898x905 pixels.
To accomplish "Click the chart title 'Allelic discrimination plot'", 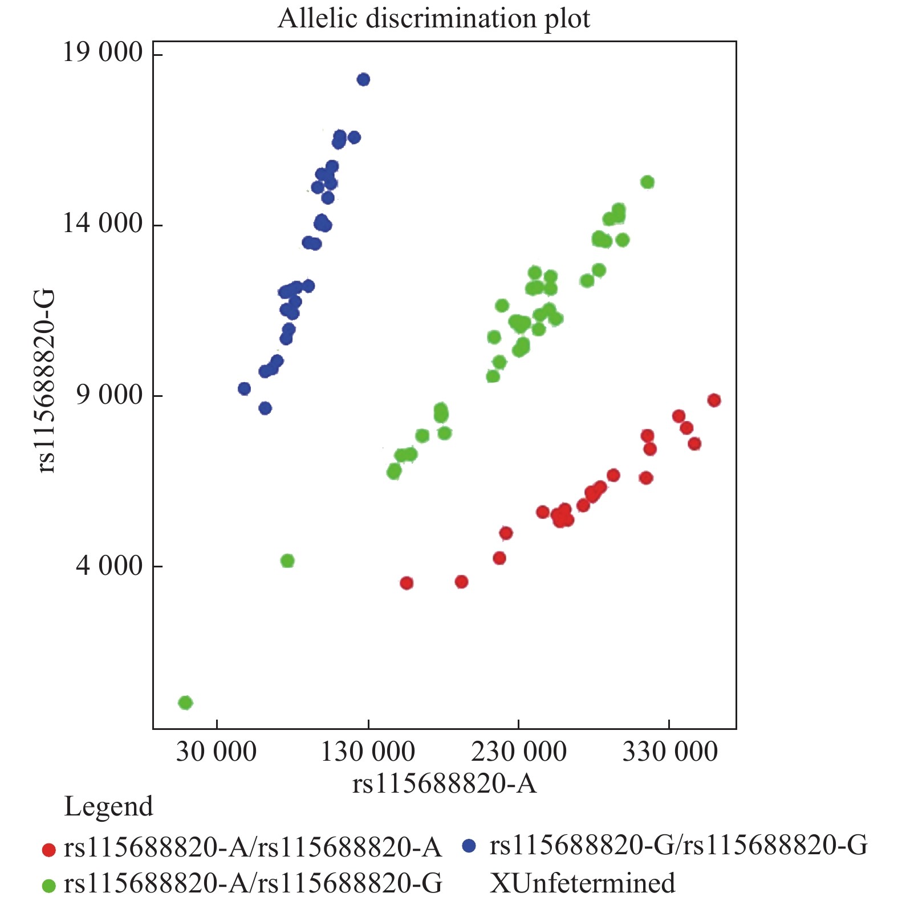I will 434,18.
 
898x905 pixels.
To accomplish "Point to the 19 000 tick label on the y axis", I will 103,52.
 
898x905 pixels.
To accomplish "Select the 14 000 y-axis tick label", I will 103,223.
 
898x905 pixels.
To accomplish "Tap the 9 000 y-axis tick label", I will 109,394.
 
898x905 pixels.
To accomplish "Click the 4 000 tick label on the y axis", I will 109,565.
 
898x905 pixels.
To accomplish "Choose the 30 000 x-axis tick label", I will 216,752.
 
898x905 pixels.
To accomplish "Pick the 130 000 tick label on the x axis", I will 368,752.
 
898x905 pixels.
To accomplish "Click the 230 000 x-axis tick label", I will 519,752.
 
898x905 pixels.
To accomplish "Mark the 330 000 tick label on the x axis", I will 670,752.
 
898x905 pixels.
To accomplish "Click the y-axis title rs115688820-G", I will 46,381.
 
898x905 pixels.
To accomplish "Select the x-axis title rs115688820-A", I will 444,784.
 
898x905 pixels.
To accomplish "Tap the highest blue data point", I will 363,79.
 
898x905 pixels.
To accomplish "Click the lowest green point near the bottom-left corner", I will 185,703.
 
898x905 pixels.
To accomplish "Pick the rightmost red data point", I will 714,400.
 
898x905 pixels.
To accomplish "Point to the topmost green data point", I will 647,182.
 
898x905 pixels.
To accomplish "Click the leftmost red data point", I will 407,583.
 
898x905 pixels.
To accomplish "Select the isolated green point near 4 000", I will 287,561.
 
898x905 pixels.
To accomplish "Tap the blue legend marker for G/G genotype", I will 469,846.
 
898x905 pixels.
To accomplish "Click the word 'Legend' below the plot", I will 108,806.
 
